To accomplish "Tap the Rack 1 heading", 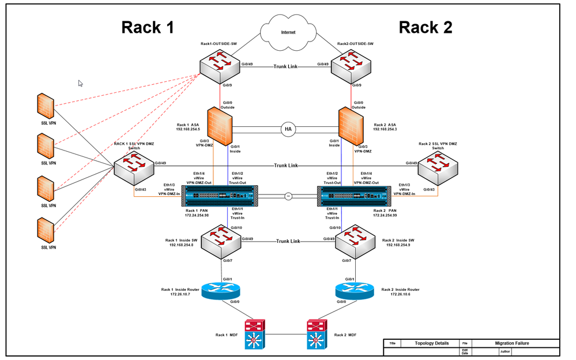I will [x=148, y=27].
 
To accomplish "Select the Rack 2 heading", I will [x=426, y=27].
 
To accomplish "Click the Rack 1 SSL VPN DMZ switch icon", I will [x=134, y=169].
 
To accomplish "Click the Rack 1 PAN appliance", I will [x=220, y=196].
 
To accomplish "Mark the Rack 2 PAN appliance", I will [x=355, y=196].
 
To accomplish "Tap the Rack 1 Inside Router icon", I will [x=220, y=290].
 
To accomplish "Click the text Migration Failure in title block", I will [x=511, y=343].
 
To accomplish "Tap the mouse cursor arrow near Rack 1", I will [x=81, y=83].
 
